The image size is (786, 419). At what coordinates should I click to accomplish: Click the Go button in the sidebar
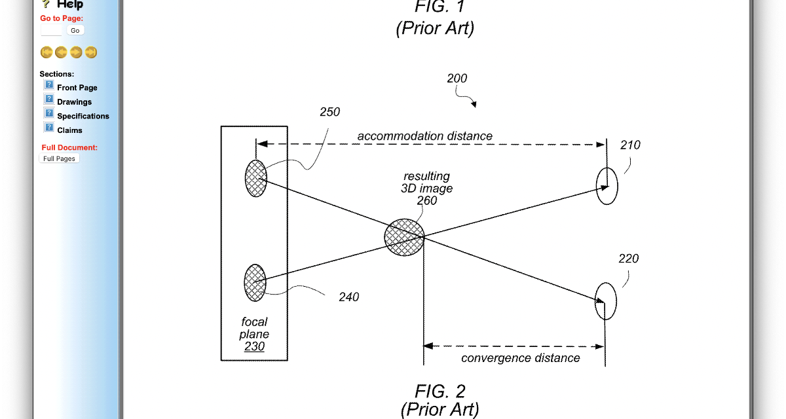75,31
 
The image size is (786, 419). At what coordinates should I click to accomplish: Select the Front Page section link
77,88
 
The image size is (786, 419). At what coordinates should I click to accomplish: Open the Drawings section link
74,102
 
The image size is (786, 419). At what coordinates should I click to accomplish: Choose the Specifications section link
83,117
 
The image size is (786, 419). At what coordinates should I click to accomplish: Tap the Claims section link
69,131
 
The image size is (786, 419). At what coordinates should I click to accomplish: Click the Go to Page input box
52,31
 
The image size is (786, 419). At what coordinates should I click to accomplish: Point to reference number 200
457,79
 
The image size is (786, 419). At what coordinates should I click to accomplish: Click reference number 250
329,112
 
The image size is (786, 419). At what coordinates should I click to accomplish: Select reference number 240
348,297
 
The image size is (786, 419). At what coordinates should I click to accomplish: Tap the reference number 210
630,145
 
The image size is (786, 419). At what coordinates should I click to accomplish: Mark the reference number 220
628,259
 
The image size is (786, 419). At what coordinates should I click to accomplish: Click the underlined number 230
254,347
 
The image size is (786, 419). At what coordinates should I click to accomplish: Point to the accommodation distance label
424,136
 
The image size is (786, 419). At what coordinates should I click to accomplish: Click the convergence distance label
520,358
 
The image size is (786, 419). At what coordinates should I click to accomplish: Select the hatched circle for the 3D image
403,237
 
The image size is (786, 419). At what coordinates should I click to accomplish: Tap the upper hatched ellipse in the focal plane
255,179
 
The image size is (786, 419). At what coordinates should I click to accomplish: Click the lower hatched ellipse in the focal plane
255,282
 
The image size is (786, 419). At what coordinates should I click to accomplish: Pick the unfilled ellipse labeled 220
606,301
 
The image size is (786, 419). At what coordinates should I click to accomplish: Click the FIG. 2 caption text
440,392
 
